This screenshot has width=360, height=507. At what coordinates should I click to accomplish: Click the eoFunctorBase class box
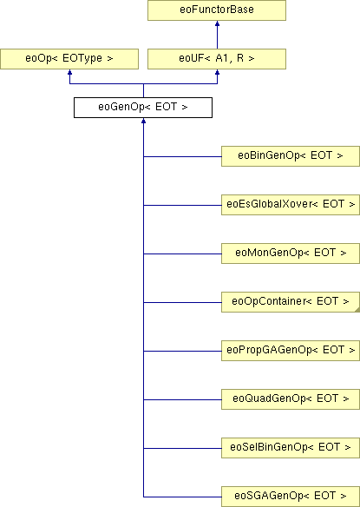click(217, 10)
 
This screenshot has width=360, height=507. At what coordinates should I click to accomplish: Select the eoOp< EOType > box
click(69, 59)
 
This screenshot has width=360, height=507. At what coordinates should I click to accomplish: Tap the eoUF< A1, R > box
click(217, 59)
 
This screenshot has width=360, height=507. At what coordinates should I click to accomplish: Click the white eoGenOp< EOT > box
click(143, 108)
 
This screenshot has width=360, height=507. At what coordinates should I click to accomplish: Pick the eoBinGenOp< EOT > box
click(291, 156)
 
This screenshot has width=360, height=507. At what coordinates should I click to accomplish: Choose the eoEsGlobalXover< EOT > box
click(291, 205)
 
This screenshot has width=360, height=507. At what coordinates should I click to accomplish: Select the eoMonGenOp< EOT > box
click(291, 253)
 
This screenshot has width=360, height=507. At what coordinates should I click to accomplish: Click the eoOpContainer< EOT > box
click(291, 302)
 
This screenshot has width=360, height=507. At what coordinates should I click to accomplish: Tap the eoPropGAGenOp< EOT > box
click(291, 351)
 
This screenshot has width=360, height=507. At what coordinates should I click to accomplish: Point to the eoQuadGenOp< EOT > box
click(291, 399)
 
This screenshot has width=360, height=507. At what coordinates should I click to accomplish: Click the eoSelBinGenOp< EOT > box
click(291, 448)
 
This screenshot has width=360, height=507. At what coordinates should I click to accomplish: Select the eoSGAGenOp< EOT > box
click(291, 497)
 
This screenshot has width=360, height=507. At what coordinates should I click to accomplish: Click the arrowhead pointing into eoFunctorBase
click(217, 23)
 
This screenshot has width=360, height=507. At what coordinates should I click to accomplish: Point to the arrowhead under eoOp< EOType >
click(69, 72)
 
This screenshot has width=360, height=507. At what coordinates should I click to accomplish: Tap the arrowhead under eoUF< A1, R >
click(217, 72)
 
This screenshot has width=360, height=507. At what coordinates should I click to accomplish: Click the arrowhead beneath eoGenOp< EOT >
click(143, 121)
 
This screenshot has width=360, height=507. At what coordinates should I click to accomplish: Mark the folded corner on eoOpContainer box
click(357, 310)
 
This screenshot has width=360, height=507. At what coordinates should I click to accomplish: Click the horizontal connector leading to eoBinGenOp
click(182, 156)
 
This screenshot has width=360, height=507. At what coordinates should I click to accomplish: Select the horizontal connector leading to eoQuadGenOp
click(182, 399)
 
